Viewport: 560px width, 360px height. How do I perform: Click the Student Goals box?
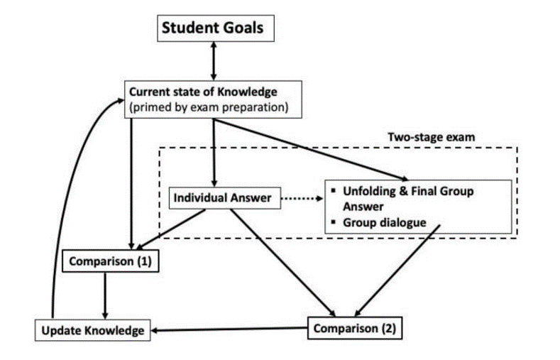[212, 28]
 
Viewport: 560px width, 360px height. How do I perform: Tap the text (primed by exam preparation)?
[207, 107]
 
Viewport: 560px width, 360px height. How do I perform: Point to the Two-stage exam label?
[425, 136]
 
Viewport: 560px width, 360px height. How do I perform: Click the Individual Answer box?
[223, 198]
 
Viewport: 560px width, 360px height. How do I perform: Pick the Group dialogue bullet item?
[384, 222]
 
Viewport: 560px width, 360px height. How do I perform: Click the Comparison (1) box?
[110, 261]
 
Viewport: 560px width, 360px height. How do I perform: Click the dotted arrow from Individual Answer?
[302, 199]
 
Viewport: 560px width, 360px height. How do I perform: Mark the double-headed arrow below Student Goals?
[212, 62]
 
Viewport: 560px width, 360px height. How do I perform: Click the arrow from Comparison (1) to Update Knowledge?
[105, 295]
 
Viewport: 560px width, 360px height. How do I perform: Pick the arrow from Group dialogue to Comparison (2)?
[397, 273]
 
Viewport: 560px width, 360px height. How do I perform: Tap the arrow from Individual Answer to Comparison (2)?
[284, 263]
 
